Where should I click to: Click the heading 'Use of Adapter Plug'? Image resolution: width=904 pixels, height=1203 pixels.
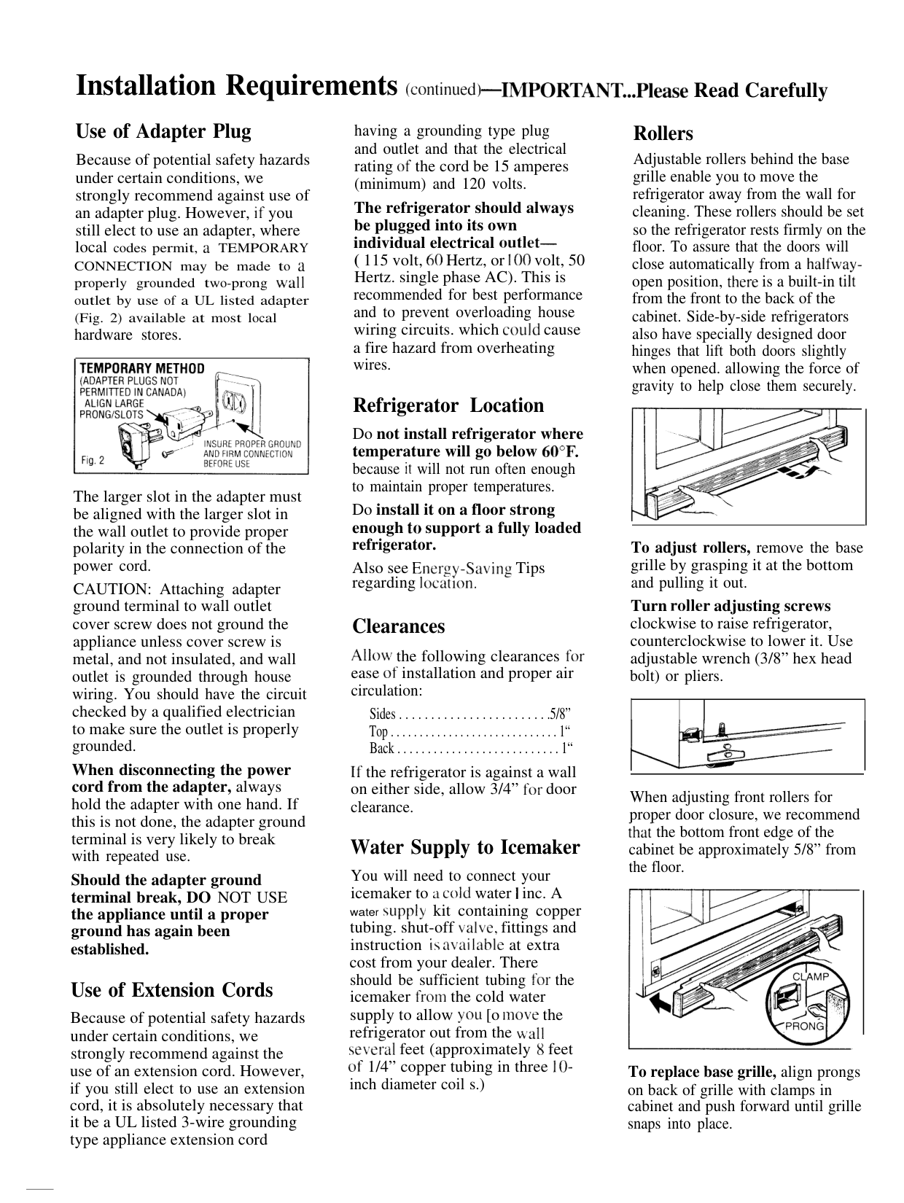click(x=163, y=132)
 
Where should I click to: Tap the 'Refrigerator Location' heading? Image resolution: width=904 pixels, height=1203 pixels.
click(x=448, y=406)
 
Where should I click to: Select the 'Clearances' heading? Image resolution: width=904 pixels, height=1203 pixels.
click(x=398, y=627)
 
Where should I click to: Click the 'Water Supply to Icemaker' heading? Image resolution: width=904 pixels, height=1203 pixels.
click(x=465, y=848)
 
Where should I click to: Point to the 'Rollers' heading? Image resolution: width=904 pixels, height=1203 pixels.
click(x=663, y=134)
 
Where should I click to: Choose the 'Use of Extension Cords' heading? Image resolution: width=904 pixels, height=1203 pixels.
click(x=171, y=991)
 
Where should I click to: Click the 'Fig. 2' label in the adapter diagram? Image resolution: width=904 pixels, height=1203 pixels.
click(x=93, y=461)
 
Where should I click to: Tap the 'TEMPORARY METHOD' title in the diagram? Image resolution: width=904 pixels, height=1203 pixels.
click(x=142, y=369)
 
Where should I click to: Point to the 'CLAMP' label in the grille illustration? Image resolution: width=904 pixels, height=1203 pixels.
click(x=811, y=976)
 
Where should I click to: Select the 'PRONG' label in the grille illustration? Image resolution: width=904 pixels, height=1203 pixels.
click(x=805, y=1026)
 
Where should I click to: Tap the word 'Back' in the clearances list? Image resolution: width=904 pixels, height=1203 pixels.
click(x=382, y=749)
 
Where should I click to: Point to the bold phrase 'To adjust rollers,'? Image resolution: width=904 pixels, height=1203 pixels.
click(x=690, y=548)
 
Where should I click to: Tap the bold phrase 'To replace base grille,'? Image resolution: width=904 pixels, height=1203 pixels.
click(x=702, y=1072)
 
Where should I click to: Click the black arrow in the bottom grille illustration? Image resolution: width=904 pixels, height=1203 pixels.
click(x=663, y=1005)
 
